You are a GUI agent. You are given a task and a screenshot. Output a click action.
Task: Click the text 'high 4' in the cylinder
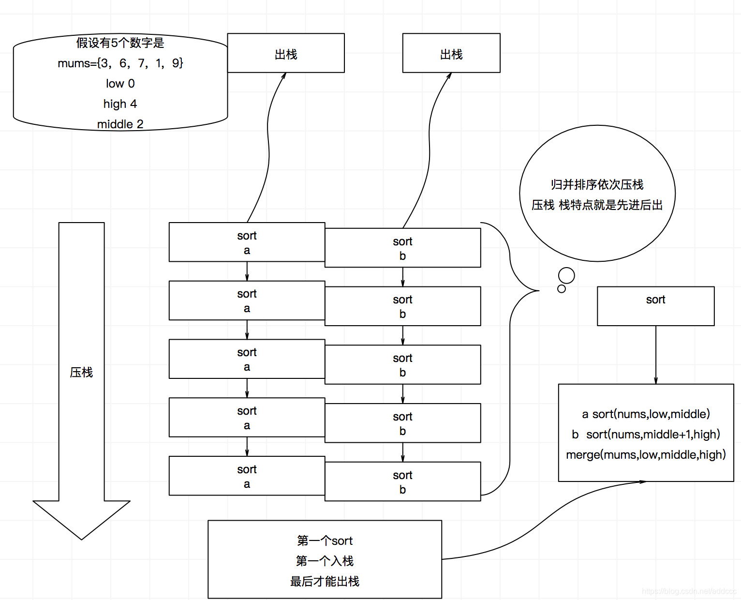[x=120, y=104]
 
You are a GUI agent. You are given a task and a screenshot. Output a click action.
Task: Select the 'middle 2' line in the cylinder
[x=120, y=124]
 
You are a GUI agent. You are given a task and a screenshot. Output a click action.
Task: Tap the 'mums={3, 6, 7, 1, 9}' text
[x=120, y=63]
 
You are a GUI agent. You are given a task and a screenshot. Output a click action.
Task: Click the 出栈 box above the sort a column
[x=286, y=53]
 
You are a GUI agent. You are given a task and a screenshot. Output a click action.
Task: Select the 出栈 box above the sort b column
[x=451, y=53]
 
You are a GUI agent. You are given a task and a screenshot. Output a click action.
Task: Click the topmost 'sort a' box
[x=247, y=242]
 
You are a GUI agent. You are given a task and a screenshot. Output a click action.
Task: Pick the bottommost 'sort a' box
[x=247, y=476]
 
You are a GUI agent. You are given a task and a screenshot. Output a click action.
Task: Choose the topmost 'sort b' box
[x=402, y=248]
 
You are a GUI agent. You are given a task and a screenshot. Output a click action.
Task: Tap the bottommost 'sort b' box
[x=402, y=482]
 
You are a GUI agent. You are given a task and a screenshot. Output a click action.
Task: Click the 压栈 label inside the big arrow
[x=81, y=372]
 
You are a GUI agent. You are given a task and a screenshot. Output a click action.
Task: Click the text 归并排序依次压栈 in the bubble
[x=597, y=185]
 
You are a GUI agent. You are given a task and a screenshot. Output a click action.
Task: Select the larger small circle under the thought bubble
[x=566, y=275]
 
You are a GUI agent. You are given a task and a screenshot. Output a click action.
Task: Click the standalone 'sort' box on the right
[x=655, y=306]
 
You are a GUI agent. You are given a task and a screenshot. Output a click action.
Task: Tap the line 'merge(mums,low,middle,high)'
[x=646, y=455]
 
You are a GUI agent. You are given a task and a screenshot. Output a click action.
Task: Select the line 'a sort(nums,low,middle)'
[x=646, y=414]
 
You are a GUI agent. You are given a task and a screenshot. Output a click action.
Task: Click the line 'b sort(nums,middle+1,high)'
[x=646, y=435]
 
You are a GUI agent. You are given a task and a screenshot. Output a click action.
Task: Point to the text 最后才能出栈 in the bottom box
[x=325, y=582]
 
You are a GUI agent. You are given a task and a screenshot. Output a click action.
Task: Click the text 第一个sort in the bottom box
[x=325, y=541]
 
